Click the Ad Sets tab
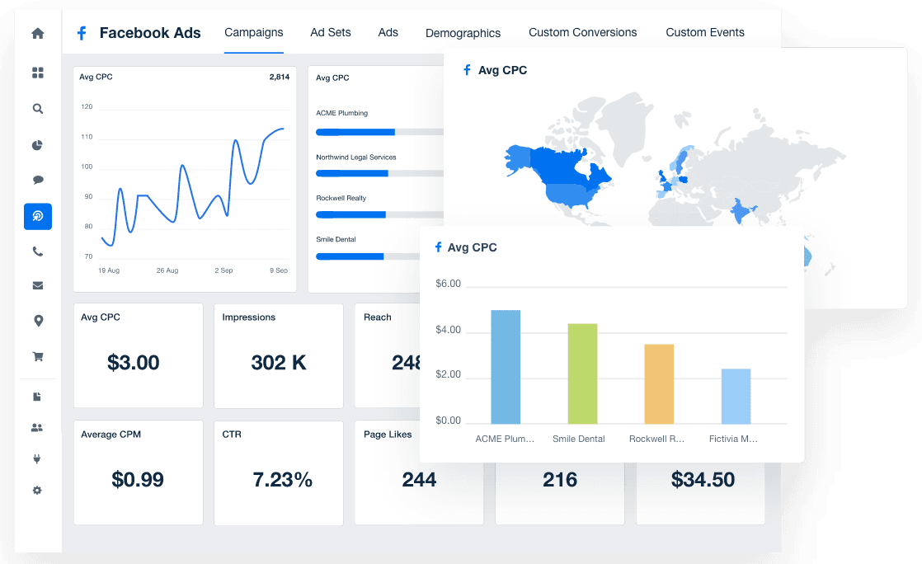(x=330, y=32)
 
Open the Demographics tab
(x=463, y=33)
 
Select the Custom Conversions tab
(x=582, y=32)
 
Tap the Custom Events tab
(x=704, y=32)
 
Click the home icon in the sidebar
(x=37, y=34)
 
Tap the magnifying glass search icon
(x=37, y=108)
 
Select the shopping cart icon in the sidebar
(x=37, y=356)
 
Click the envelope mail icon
(x=37, y=286)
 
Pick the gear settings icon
(x=37, y=491)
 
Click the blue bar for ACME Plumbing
(x=506, y=367)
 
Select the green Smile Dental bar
(x=582, y=374)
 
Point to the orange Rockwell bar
(x=659, y=383)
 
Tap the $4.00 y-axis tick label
(x=448, y=331)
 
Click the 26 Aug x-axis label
(x=167, y=270)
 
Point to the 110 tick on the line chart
(x=87, y=137)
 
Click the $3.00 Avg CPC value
(x=134, y=362)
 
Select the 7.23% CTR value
(x=282, y=479)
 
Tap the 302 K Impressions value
(x=279, y=362)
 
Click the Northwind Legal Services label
(x=355, y=157)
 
